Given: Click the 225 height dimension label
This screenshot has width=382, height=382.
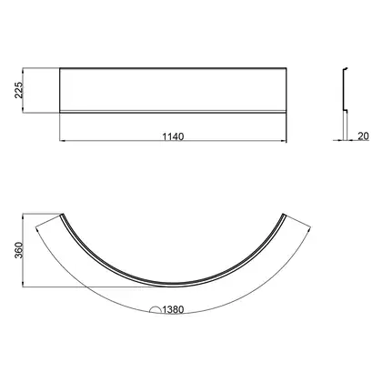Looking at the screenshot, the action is pos(19,90).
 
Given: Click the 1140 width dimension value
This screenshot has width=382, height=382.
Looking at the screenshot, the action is pos(173,136).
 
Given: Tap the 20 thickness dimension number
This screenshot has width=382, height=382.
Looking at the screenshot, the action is pos(363,136).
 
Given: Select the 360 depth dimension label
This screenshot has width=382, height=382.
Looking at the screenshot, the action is pos(19,250).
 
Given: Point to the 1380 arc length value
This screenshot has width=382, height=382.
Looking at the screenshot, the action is pos(173,309).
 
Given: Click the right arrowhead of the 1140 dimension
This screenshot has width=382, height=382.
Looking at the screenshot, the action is pos(284,141).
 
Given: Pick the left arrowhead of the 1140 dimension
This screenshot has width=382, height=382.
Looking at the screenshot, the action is pos(62,141).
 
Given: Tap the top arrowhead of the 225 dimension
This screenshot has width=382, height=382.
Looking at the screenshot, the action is pos(23,71).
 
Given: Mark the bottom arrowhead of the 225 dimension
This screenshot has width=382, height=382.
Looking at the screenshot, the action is pos(23,110).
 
